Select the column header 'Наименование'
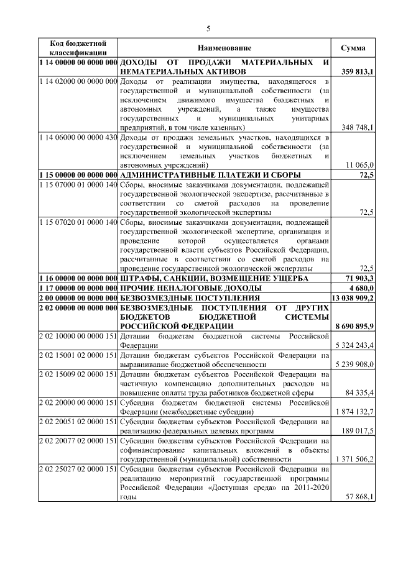tap(224, 48)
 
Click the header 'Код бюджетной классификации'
tap(78, 48)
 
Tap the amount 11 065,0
tap(359, 165)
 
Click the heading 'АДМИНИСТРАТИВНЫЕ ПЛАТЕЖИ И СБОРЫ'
tap(210, 174)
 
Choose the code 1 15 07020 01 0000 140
tap(78, 222)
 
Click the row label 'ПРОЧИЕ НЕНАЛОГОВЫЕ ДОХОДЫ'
tap(190, 288)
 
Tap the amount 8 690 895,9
tap(354, 326)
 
